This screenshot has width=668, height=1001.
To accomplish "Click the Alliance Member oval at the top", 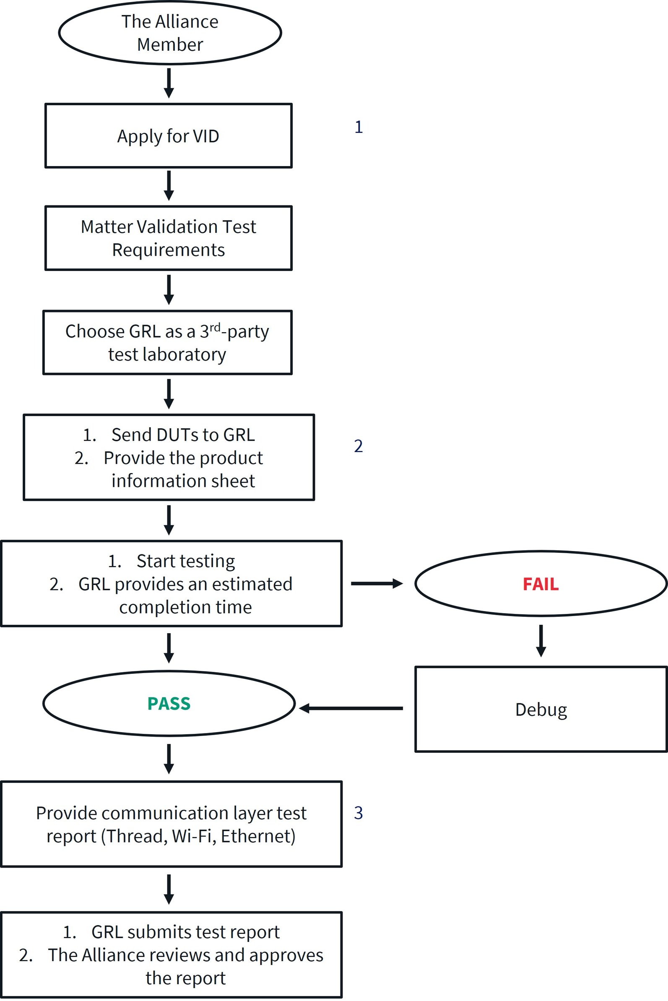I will (169, 33).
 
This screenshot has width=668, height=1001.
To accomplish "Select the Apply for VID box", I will (168, 136).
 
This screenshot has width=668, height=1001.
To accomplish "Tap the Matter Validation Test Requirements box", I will (168, 238).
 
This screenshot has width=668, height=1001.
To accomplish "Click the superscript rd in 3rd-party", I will (215, 327).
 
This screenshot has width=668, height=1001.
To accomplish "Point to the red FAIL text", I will (541, 584).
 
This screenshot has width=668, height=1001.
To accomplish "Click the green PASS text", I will (169, 704).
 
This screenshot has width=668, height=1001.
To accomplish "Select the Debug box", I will (541, 710).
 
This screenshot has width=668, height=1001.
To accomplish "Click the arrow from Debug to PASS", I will (351, 708).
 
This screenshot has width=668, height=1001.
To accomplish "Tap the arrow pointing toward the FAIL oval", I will (377, 584).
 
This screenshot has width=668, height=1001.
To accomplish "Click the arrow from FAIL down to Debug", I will (541, 641).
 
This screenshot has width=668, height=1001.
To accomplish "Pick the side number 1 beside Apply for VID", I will (359, 127).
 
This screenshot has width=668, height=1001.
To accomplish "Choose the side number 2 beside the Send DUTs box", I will (358, 446).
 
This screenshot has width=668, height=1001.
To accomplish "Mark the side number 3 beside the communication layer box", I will (358, 813).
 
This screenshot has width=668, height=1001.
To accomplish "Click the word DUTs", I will (178, 435).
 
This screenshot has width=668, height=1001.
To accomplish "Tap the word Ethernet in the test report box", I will (257, 836).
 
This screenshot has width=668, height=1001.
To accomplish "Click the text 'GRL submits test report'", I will (185, 932).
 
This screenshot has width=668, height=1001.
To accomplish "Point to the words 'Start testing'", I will (185, 561).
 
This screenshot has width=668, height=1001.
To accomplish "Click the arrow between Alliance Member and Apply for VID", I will (169, 83).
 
